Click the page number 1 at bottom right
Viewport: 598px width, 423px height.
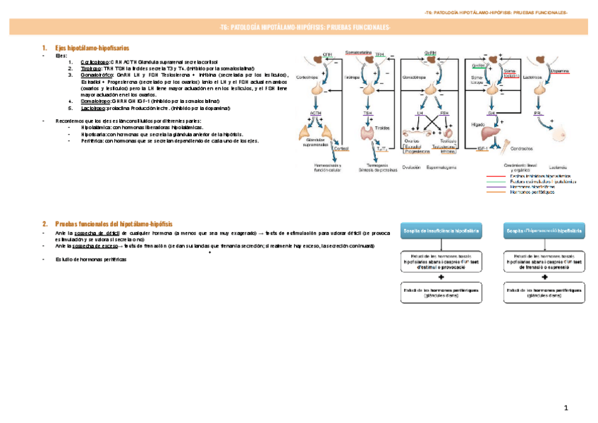565,409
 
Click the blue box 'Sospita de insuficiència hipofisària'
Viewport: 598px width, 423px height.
441,231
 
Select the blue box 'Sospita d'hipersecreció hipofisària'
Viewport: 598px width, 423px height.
543,231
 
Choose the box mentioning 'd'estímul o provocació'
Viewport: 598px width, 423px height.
441,261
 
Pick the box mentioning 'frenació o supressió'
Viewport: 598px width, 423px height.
543,261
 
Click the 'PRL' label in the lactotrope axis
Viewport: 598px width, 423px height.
537,112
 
